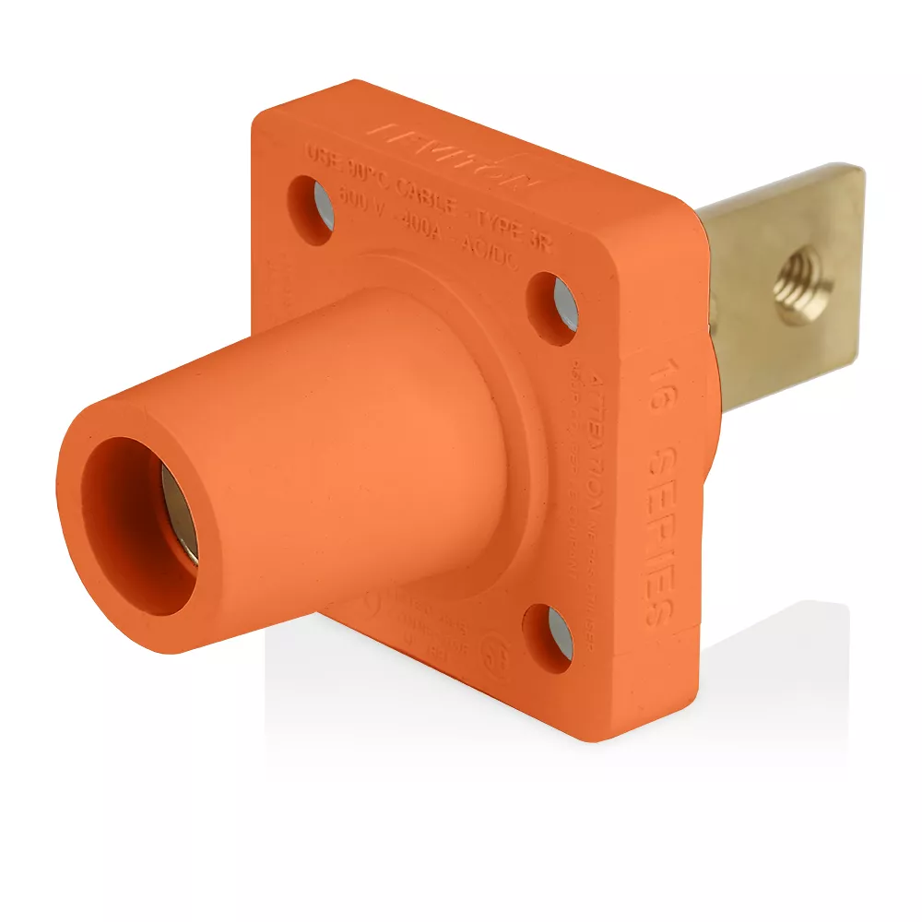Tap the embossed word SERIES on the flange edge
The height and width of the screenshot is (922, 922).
(x=663, y=535)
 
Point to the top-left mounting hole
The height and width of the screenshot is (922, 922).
(x=313, y=208)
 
